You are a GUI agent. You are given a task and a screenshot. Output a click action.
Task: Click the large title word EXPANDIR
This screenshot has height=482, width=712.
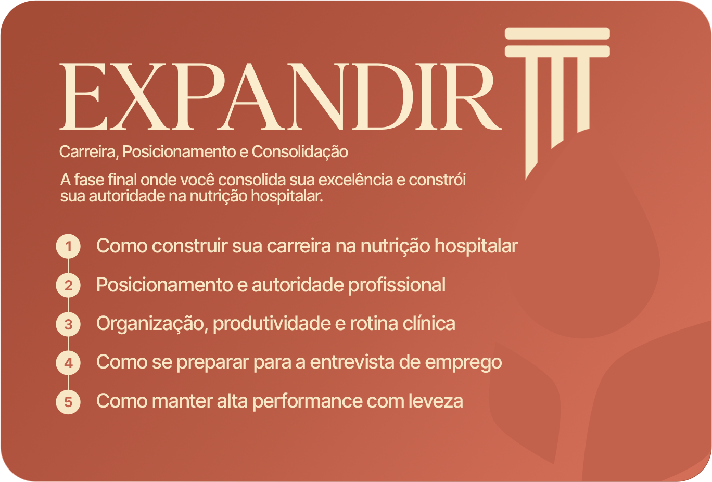click(280, 97)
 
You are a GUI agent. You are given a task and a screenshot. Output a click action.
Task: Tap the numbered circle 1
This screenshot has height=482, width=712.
click(68, 246)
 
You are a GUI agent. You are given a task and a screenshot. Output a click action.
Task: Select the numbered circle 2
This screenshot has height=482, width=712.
click(68, 285)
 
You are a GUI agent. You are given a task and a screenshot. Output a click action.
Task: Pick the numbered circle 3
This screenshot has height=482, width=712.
click(68, 324)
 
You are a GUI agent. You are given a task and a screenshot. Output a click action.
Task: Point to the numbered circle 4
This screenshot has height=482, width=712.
click(68, 363)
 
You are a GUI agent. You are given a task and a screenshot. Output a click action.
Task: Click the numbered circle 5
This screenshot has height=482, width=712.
click(68, 402)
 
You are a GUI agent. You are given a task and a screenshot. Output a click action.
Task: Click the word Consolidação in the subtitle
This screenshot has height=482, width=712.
click(300, 152)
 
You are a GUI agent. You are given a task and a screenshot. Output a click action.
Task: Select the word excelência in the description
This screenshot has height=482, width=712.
click(355, 180)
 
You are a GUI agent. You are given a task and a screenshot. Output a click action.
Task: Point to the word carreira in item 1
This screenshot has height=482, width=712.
click(299, 246)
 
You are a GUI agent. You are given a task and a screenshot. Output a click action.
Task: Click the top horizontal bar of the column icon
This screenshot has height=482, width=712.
click(557, 33)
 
